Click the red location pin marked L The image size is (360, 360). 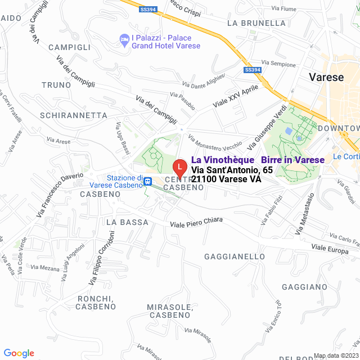[x=179, y=167]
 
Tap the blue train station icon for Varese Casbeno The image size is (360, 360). [x=147, y=181]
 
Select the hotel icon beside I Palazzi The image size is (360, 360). [x=124, y=38]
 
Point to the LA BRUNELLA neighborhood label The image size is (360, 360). [x=256, y=23]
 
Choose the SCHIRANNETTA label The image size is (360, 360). [x=74, y=115]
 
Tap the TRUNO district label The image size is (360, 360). [x=56, y=84]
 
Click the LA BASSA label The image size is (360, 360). [x=127, y=222]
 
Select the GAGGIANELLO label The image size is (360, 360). [x=235, y=256]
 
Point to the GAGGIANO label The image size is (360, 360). [x=304, y=287]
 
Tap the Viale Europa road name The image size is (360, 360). [x=330, y=249]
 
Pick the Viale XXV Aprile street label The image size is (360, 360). [x=235, y=96]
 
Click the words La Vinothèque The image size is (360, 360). [x=223, y=160]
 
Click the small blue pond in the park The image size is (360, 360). [x=289, y=130]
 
